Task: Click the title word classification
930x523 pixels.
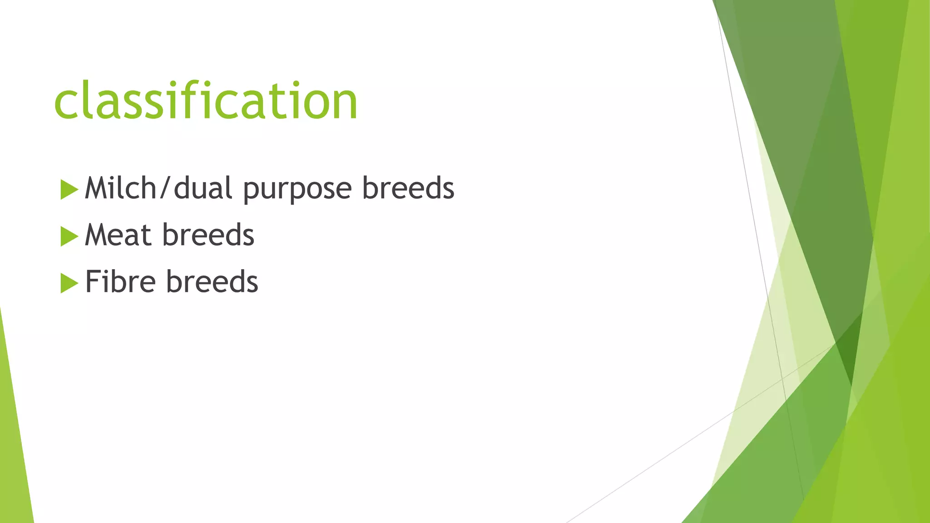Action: coord(206,101)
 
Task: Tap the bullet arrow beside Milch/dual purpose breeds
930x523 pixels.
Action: coord(69,189)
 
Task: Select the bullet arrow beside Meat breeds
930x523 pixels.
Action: coord(69,236)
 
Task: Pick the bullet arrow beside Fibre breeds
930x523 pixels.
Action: coord(69,283)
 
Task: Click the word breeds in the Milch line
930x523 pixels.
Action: coord(408,188)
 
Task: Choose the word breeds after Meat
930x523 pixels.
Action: coord(208,235)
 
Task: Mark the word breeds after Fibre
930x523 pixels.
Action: coord(212,282)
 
